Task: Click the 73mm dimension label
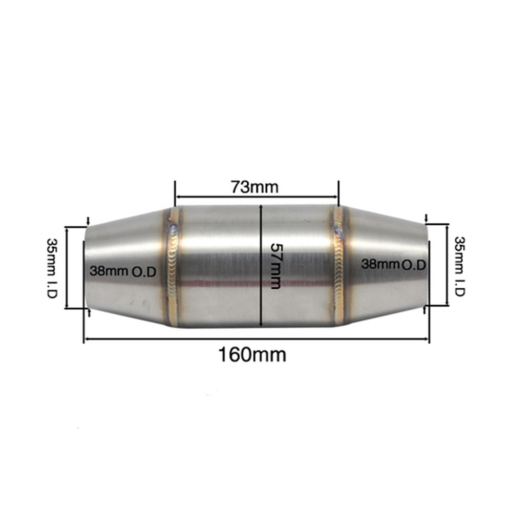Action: pos(254,187)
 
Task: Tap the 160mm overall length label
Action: pos(252,354)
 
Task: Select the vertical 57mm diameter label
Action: pos(275,266)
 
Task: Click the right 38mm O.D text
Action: pos(394,264)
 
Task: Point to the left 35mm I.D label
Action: pos(52,268)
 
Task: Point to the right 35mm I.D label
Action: pos(459,266)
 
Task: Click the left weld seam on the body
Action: pos(174,266)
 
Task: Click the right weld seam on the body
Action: pos(338,266)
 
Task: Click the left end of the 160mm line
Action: pos(84,338)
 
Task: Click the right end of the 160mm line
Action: pos(429,338)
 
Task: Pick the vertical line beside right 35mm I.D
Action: pos(448,265)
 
